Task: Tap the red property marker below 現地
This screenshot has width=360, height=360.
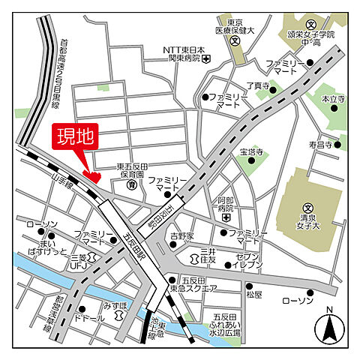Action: coord(92,176)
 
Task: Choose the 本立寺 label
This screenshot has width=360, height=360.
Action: coord(332,99)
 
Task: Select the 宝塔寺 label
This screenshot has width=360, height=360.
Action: coord(251,152)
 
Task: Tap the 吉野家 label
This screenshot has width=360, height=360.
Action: coord(181,236)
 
